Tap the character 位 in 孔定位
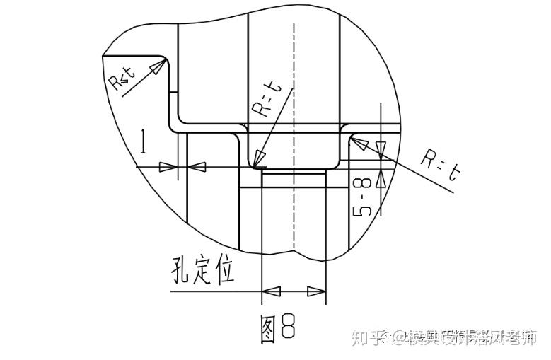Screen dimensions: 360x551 [224, 270]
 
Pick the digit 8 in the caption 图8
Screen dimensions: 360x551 [287, 327]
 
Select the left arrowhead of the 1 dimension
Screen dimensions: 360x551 [168, 167]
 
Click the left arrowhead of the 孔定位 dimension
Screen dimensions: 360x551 [271, 291]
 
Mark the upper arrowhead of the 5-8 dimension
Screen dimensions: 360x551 [381, 149]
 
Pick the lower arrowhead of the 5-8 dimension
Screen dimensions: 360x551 [381, 178]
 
